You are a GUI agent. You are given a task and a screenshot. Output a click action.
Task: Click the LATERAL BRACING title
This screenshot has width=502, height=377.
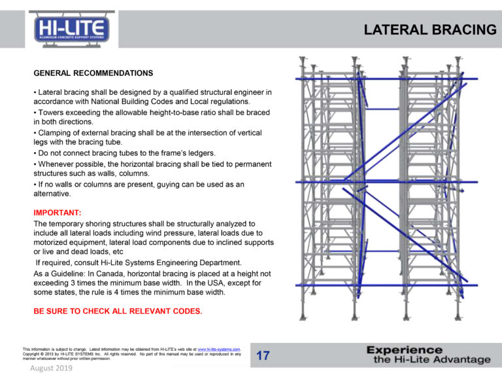click(x=429, y=30)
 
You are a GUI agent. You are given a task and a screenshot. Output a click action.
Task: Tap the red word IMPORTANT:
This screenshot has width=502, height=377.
click(x=57, y=213)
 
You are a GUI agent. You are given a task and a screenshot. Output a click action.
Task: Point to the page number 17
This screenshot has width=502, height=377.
click(x=263, y=356)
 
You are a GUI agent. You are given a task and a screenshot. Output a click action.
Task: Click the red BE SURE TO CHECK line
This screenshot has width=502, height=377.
click(x=118, y=311)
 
